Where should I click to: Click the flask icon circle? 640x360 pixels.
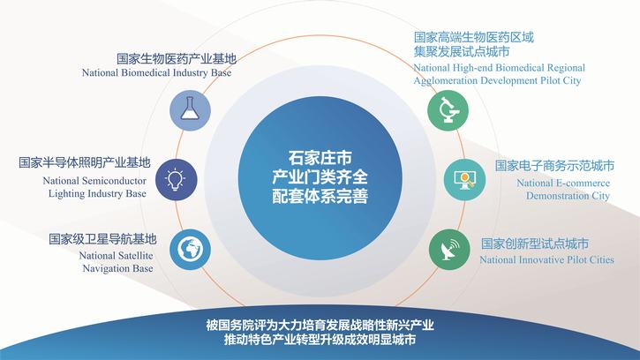190,110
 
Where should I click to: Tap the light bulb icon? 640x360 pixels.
176,180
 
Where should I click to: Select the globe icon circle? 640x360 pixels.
190,250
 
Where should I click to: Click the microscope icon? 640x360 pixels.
448,110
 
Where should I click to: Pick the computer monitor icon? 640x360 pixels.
465,180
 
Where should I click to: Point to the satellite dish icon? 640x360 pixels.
450,250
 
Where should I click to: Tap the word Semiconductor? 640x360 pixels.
114,181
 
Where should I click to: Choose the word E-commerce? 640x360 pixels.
583,184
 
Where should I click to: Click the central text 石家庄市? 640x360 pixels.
320,158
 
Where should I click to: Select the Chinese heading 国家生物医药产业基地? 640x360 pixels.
177,59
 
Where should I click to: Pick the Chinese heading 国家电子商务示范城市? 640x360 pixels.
554,166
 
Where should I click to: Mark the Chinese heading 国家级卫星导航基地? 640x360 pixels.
102,239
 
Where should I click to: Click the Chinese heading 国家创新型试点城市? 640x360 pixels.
535,244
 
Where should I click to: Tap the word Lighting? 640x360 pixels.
64,194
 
